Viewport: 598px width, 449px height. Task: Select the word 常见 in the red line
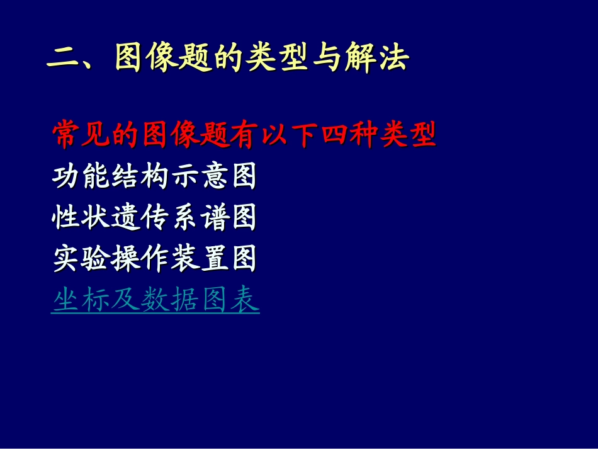click(81, 134)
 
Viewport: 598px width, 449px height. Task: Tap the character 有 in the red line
click(244, 134)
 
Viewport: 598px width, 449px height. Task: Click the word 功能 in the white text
click(81, 176)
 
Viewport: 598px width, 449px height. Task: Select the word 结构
click(140, 176)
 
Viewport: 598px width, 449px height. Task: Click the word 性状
click(81, 218)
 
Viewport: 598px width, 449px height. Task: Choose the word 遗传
click(140, 218)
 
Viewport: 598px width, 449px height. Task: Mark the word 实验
click(81, 259)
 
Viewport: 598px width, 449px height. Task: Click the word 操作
click(140, 259)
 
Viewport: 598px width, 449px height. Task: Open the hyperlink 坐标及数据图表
click(155, 300)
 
